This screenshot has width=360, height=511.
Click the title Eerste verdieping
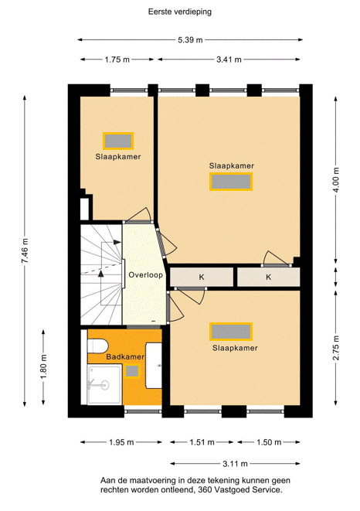[x=180, y=12]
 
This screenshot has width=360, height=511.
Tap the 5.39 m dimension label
[x=190, y=40]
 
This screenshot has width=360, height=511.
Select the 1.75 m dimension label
[x=117, y=60]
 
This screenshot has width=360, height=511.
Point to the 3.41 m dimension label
[x=229, y=60]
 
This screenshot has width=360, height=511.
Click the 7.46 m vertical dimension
[x=25, y=250]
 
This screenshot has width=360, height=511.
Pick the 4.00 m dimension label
[x=336, y=180]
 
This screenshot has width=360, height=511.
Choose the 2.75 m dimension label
[x=336, y=348]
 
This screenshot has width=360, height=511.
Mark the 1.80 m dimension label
[x=44, y=367]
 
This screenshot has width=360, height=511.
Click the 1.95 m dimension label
[x=121, y=442]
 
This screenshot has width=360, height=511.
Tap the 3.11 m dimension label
[x=235, y=464]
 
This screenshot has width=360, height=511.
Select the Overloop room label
[x=146, y=275]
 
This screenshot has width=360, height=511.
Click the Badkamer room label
[x=125, y=357]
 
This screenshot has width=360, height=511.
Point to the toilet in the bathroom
[x=97, y=346]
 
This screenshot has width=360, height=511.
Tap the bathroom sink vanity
[x=154, y=366]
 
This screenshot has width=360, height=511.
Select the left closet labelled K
[x=202, y=277]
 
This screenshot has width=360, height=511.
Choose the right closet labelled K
[x=268, y=277]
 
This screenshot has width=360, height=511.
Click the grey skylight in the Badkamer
[x=132, y=371]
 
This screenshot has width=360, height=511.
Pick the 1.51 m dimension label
[x=202, y=442]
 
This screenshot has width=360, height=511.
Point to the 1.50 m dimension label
[x=269, y=442]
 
